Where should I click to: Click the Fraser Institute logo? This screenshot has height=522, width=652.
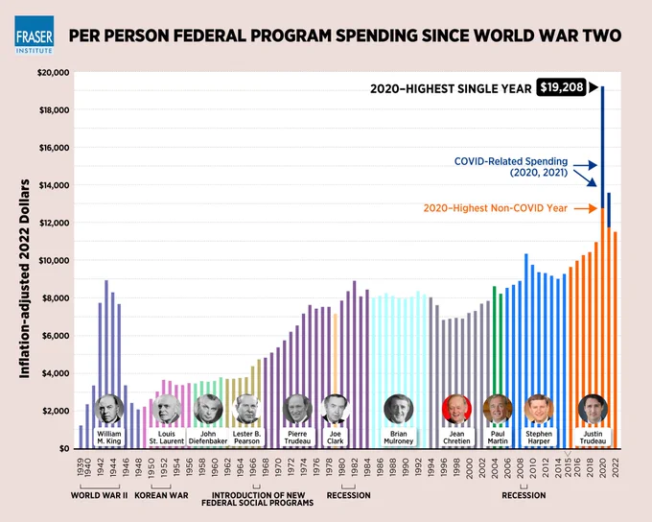(35, 36)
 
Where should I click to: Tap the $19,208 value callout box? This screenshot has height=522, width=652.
(561, 87)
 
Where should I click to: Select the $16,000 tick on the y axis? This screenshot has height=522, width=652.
(54, 148)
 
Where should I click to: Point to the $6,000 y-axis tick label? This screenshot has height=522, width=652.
(56, 336)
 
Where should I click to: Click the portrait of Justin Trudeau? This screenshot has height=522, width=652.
(593, 409)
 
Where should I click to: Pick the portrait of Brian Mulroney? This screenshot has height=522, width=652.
(398, 409)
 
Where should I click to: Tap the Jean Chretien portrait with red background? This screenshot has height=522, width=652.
(456, 409)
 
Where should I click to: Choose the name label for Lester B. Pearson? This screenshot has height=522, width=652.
(246, 438)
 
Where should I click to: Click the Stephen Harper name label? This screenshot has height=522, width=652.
(539, 438)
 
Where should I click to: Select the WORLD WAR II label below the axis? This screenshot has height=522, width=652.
(99, 495)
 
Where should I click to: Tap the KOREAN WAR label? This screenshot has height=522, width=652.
(161, 495)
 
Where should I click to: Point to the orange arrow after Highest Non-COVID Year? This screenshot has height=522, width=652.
(586, 208)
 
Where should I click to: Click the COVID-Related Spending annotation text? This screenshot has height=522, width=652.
(511, 167)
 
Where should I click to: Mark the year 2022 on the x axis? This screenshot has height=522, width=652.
(616, 467)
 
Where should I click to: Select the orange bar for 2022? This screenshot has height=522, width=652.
(616, 340)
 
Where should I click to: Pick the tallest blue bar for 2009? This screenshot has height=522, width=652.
(526, 351)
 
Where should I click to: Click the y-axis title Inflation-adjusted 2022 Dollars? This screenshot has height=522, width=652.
(25, 279)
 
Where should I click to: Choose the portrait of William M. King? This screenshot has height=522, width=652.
(109, 409)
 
